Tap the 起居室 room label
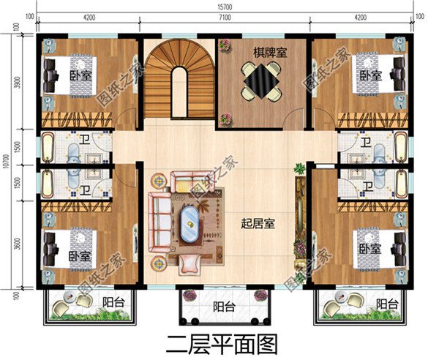258,225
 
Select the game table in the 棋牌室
262,82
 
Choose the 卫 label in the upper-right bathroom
364,142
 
